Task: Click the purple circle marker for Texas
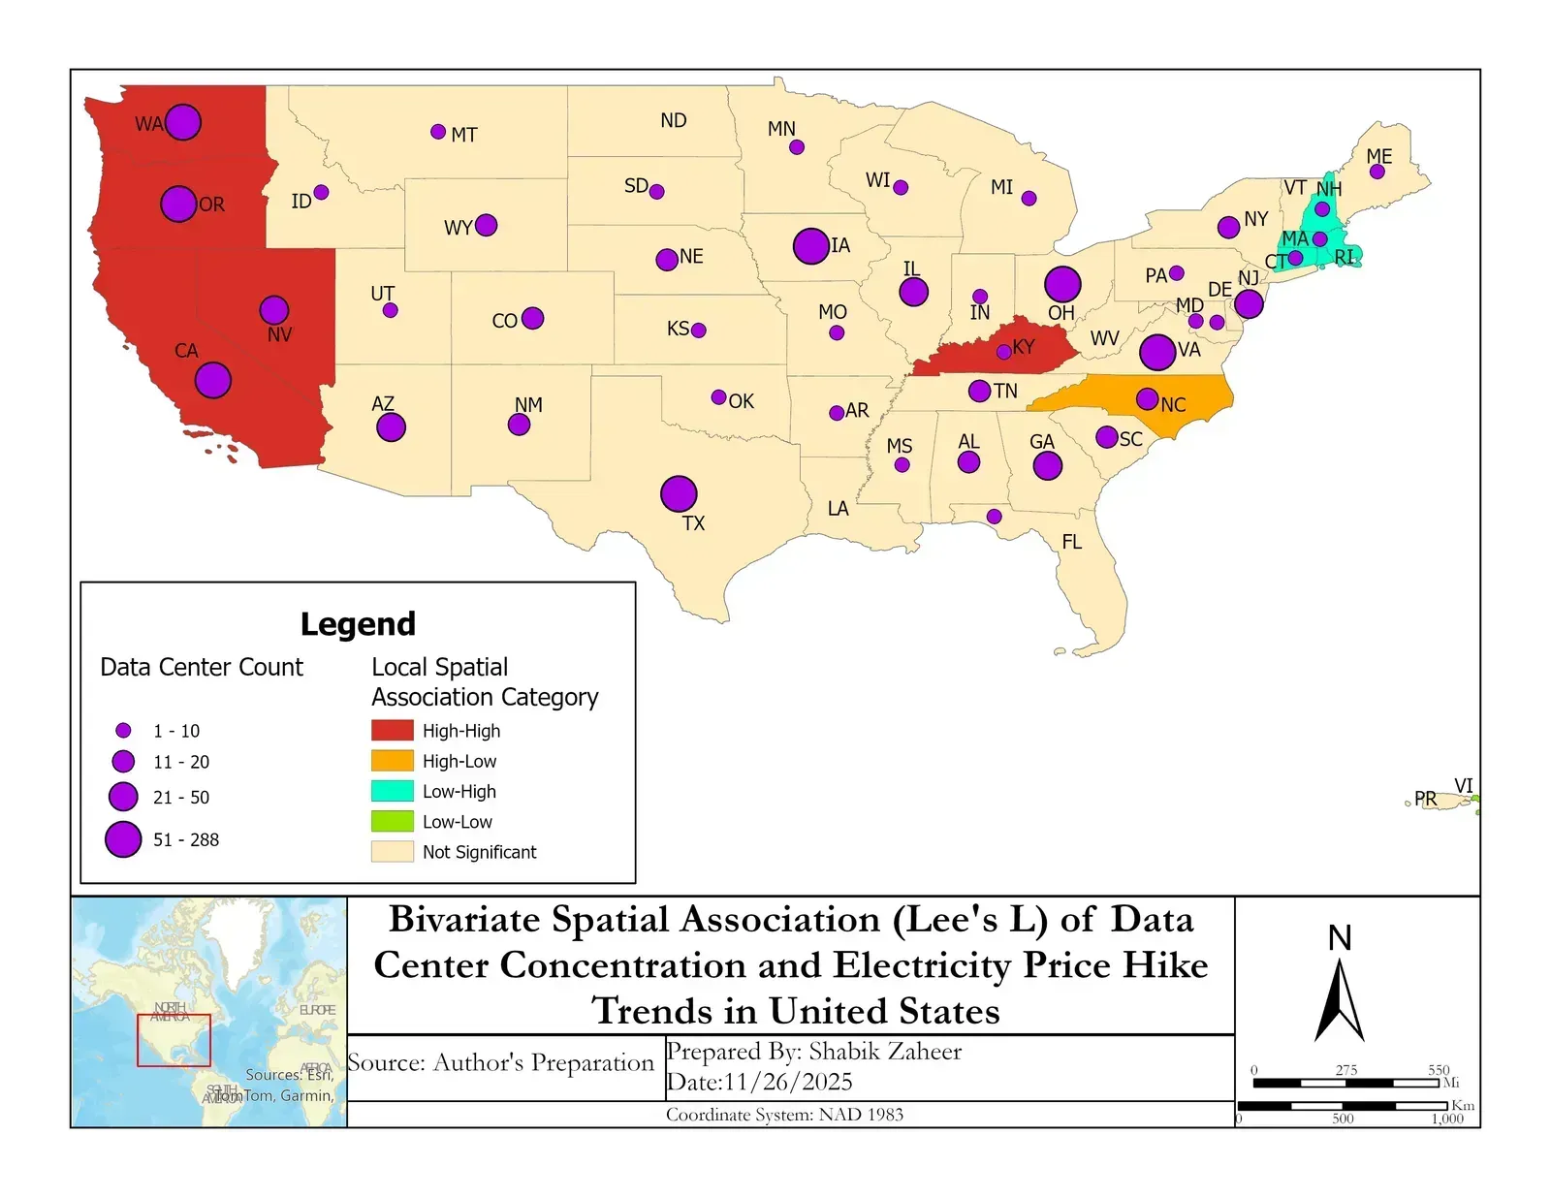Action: [679, 493]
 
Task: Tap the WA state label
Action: [148, 124]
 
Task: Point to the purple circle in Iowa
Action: [810, 246]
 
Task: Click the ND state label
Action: [674, 120]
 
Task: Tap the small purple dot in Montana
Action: [438, 132]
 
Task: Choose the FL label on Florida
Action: [1071, 542]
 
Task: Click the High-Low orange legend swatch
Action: [392, 761]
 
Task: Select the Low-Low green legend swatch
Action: [392, 821]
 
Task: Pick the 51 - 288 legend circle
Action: [123, 839]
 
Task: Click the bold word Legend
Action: [358, 623]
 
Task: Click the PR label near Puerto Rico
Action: [1425, 798]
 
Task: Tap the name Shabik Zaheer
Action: [885, 1052]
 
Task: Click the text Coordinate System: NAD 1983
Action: [784, 1115]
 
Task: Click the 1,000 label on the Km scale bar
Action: [1447, 1119]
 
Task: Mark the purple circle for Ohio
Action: [1062, 284]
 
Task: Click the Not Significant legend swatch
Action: [392, 851]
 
